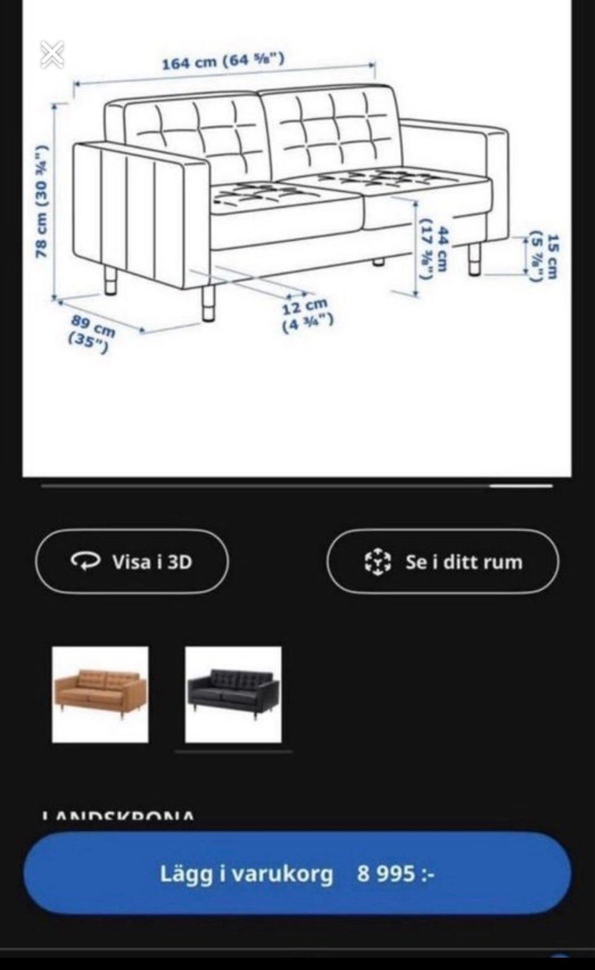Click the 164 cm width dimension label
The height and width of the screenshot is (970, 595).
tap(223, 61)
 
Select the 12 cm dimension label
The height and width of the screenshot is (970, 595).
tap(307, 314)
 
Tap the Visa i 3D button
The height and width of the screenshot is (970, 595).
tap(132, 562)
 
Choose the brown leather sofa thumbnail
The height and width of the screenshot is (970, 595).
tap(100, 694)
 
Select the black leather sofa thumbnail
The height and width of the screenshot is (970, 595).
tap(233, 694)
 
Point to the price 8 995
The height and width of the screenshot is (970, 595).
tap(394, 874)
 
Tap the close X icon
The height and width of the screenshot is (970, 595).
tap(52, 55)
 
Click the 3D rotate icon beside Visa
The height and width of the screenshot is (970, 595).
tap(85, 561)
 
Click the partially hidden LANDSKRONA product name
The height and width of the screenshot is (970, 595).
tap(118, 815)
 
